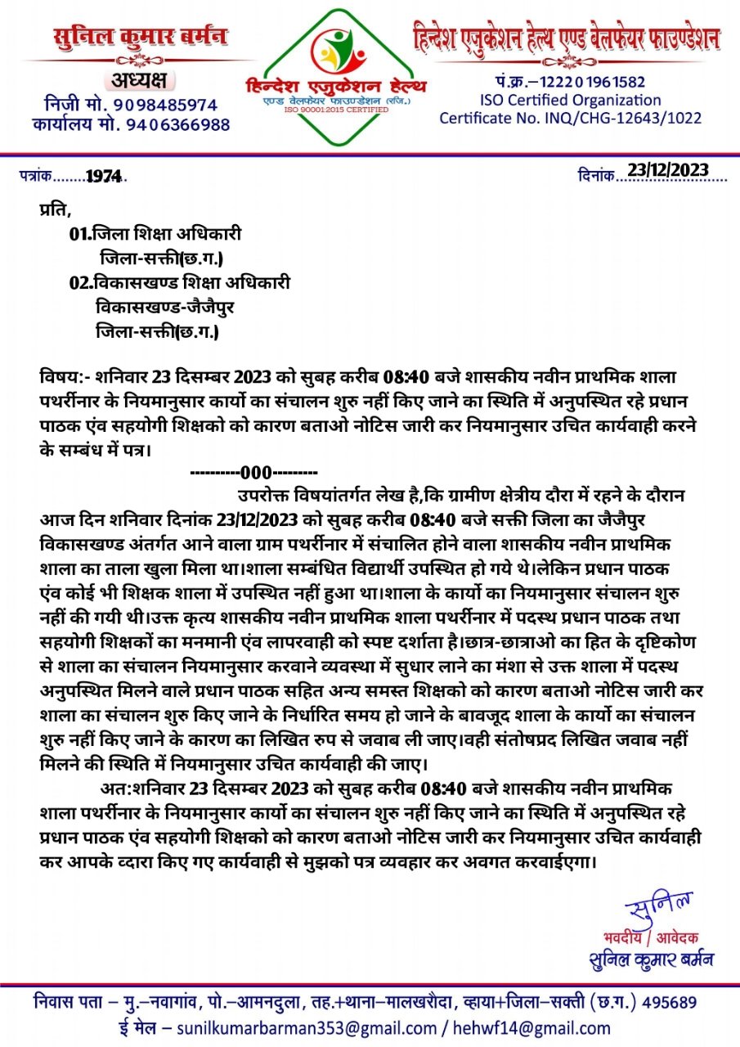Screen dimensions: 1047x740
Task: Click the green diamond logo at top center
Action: point(338,78)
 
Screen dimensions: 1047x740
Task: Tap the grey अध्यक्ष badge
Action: point(137,80)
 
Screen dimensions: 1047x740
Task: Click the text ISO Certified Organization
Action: point(571,100)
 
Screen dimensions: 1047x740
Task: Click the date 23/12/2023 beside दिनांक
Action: point(667,170)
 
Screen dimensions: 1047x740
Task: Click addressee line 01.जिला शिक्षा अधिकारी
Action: point(155,234)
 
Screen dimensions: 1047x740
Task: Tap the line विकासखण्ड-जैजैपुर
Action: point(158,308)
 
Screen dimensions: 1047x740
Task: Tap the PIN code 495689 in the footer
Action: point(669,1003)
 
